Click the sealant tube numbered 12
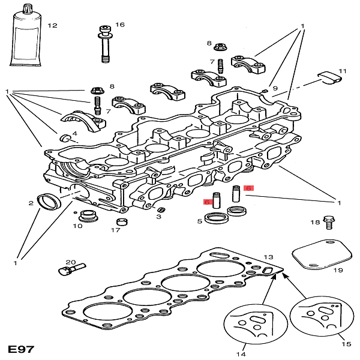pyautogui.click(x=26, y=39)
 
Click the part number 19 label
pyautogui.click(x=338, y=271)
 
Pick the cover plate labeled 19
pyautogui.click(x=322, y=256)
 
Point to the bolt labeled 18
pyautogui.click(x=328, y=223)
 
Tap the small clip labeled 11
pyautogui.click(x=329, y=77)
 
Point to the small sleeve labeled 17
pyautogui.click(x=122, y=223)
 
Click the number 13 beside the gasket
pyautogui.click(x=268, y=256)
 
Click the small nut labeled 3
pyautogui.click(x=160, y=210)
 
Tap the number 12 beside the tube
pyautogui.click(x=52, y=26)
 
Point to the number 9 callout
pyautogui.click(x=275, y=89)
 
